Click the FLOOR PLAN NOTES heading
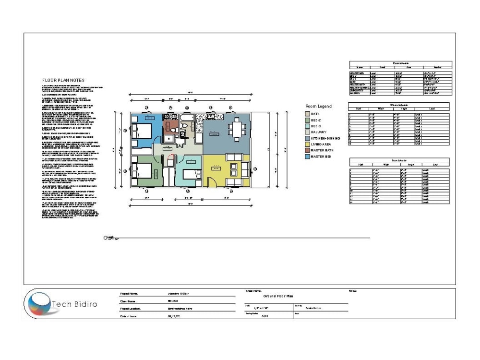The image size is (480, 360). pos(63,80)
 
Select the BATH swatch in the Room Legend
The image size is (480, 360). pos(307,114)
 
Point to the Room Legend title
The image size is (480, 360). pos(318,106)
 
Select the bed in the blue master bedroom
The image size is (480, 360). pos(143,130)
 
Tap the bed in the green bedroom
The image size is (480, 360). pos(143,173)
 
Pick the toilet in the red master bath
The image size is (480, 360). pos(182,127)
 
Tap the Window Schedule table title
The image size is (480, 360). pos(399,105)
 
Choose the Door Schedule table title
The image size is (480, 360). pos(399,160)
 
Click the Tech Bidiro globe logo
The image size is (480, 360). pos(38,303)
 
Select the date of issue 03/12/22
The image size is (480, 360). pos(173,316)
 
